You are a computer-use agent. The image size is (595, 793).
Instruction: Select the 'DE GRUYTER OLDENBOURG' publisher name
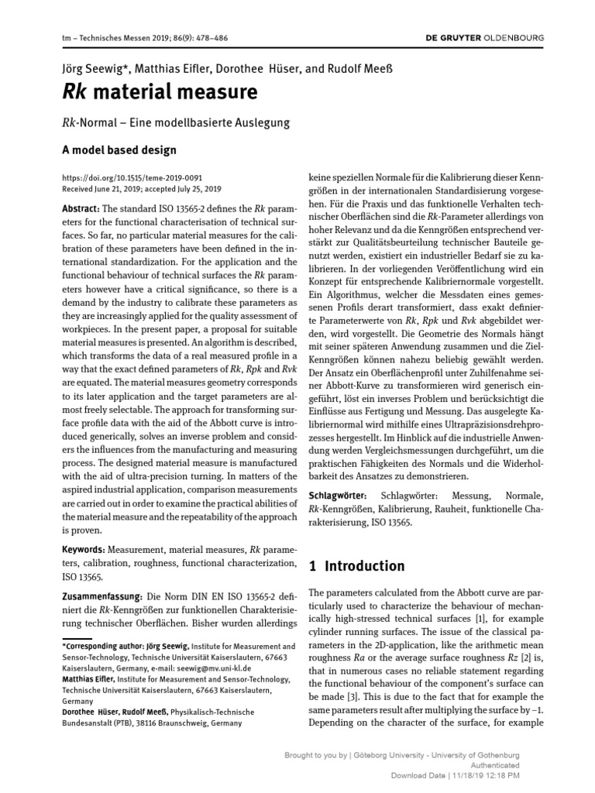[x=485, y=37]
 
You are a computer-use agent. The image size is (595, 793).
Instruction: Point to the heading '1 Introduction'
[x=356, y=566]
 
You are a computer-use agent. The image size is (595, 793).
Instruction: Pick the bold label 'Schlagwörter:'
[x=339, y=495]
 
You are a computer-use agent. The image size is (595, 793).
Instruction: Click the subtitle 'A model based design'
[x=119, y=149]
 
